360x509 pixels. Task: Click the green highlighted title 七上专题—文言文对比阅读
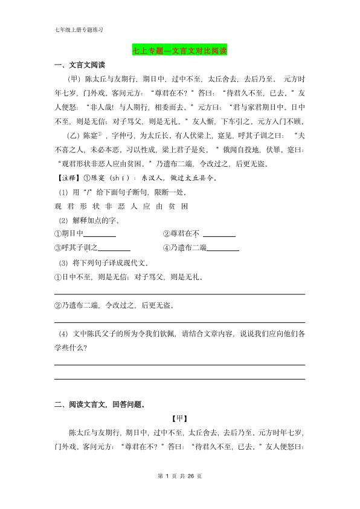179,51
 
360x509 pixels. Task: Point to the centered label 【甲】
179,418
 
